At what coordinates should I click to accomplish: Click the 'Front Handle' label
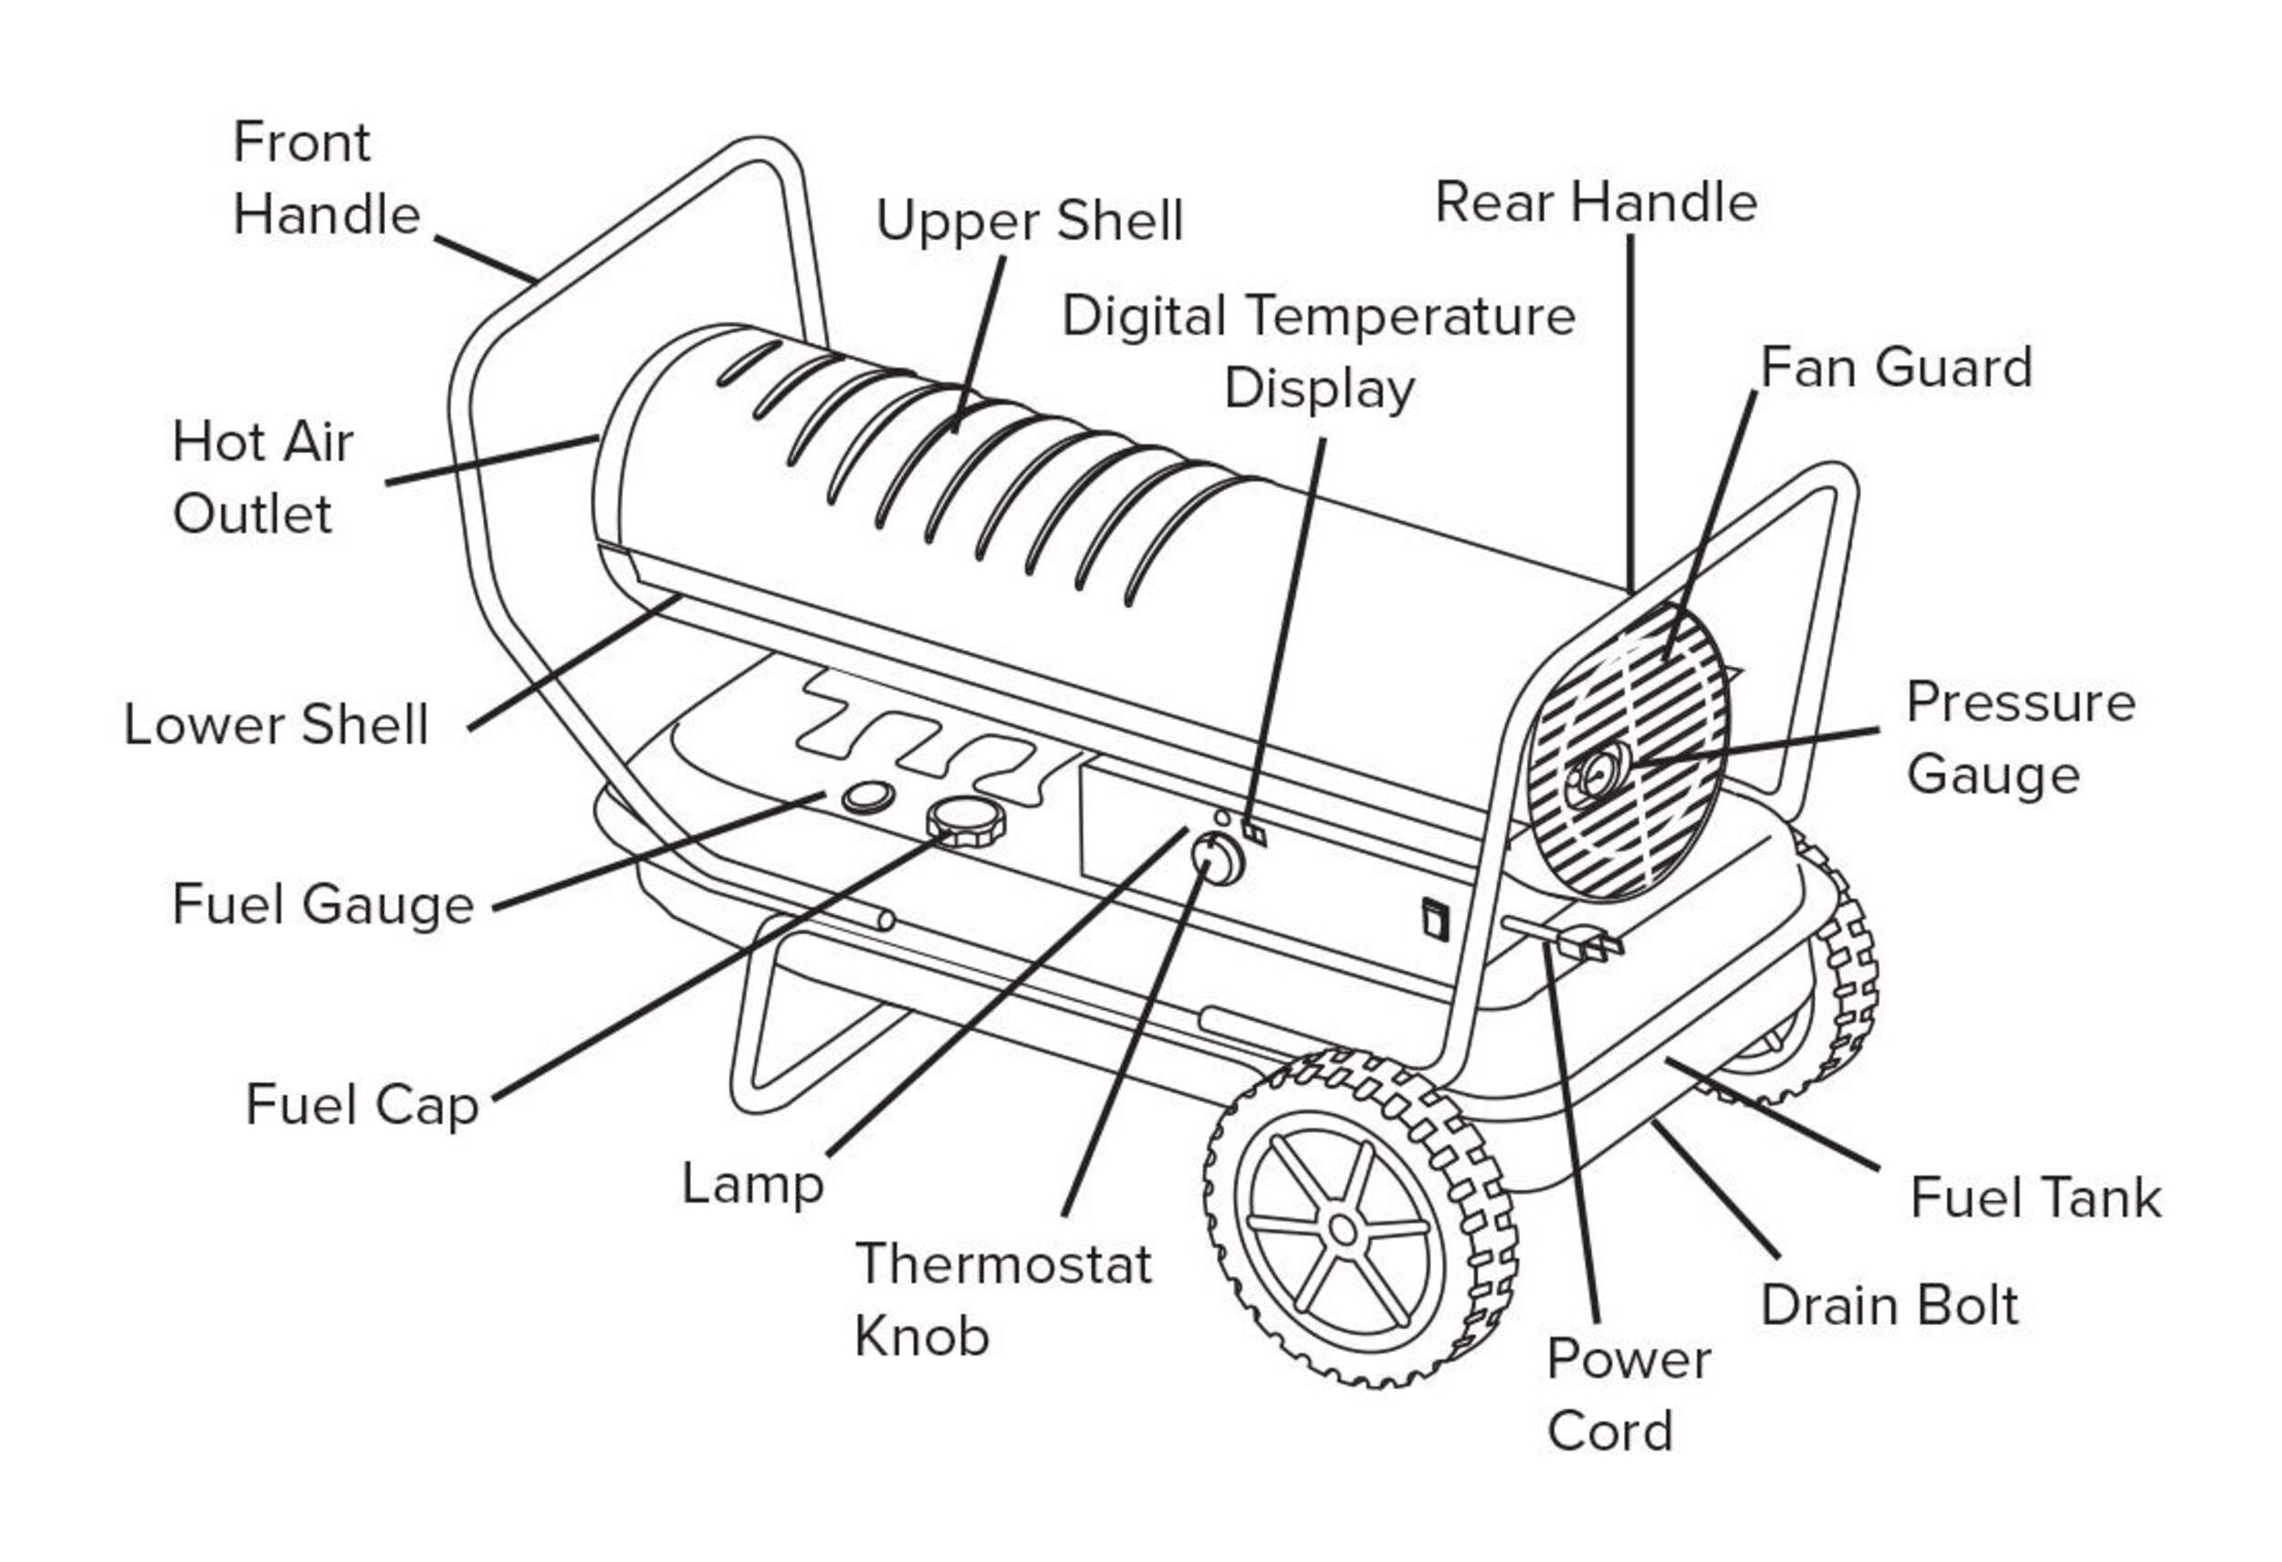pyautogui.click(x=326, y=178)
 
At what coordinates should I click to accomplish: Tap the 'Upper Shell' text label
pyautogui.click(x=1028, y=220)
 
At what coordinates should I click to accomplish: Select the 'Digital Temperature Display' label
pyautogui.click(x=1318, y=351)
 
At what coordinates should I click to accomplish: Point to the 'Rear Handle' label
pyautogui.click(x=1595, y=203)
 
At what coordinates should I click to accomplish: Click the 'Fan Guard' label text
pyautogui.click(x=1895, y=369)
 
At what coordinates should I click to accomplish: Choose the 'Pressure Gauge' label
pyautogui.click(x=2019, y=738)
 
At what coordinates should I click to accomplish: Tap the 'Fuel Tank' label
pyautogui.click(x=2035, y=1199)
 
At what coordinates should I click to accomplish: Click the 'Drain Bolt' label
pyautogui.click(x=1889, y=1306)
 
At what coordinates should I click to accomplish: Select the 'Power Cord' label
pyautogui.click(x=1627, y=1395)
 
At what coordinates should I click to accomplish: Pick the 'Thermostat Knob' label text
pyautogui.click(x=1001, y=1299)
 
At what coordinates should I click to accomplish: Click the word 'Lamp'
pyautogui.click(x=752, y=1184)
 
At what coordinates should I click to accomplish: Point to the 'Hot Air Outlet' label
pyautogui.click(x=261, y=477)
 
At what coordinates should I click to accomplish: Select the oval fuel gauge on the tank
pyautogui.click(x=868, y=797)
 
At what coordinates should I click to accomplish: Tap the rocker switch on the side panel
pyautogui.click(x=1435, y=918)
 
